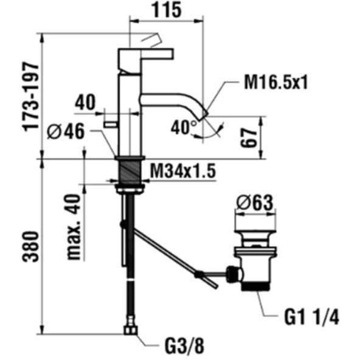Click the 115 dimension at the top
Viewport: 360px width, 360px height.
[x=166, y=10]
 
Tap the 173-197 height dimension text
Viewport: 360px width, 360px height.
[x=30, y=97]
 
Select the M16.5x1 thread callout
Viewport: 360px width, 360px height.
[x=275, y=83]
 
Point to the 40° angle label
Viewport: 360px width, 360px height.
[x=184, y=127]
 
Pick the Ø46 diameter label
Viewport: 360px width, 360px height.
[x=66, y=131]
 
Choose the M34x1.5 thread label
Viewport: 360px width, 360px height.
[x=183, y=171]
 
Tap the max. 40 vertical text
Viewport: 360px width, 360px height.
[x=74, y=227]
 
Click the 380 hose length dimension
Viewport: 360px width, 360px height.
[x=30, y=246]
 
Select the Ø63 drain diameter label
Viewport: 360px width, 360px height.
[x=255, y=202]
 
